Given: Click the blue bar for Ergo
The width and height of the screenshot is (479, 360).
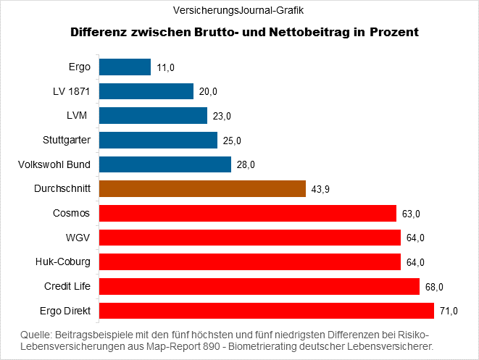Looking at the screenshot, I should tap(124, 67).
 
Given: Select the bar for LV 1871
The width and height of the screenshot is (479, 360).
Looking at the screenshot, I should tap(146, 91).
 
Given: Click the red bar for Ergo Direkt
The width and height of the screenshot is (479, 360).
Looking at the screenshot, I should tap(266, 311).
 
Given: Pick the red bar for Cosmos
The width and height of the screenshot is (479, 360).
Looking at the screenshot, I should tap(247, 213).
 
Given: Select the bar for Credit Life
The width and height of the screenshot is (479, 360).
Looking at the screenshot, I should tap(259, 287).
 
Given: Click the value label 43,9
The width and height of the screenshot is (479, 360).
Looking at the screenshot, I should tap(321, 189).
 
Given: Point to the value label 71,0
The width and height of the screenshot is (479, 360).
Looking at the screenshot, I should tap(449, 311).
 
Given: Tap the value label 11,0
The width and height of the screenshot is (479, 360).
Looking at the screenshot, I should tap(165, 68).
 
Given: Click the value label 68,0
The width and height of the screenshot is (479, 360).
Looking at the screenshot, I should tap(434, 287).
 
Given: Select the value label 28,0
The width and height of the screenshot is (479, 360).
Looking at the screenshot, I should tap(246, 165).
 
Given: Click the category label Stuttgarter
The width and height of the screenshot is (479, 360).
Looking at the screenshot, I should tap(67, 140).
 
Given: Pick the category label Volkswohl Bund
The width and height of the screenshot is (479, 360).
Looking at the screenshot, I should tap(54, 164).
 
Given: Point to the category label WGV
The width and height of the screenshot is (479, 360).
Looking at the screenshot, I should tap(78, 238).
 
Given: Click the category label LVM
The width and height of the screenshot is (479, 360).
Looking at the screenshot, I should tap(78, 116).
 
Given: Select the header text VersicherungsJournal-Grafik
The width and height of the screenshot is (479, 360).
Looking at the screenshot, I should tap(239, 10).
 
